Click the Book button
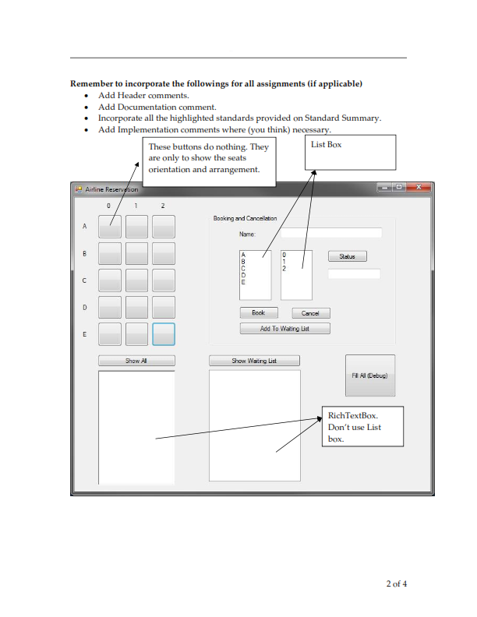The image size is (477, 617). click(258, 313)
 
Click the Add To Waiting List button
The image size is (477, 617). click(284, 329)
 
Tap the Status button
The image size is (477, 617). click(347, 256)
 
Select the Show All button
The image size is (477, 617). click(136, 361)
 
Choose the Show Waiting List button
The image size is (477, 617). click(254, 361)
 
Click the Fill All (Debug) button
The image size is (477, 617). click(369, 375)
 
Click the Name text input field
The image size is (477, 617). click(331, 233)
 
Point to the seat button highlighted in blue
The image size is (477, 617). click(163, 334)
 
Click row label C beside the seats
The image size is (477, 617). click(84, 280)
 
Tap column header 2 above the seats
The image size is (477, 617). click(163, 206)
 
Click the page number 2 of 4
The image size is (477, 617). click(396, 584)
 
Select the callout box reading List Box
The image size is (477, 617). click(353, 153)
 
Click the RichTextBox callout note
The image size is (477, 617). click(363, 426)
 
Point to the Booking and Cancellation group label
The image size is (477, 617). click(245, 219)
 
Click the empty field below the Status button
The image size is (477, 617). click(354, 274)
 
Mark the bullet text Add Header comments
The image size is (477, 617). click(143, 95)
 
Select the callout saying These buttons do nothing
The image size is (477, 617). click(209, 159)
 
